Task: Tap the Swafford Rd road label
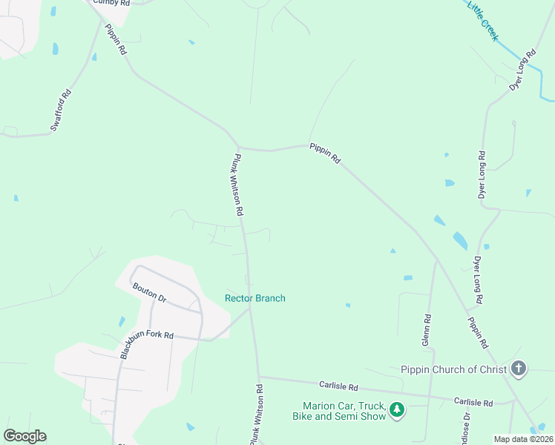[61, 111]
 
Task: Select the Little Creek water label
[482, 20]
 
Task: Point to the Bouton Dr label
[149, 291]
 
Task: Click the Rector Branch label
[255, 298]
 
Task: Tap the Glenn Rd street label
[427, 329]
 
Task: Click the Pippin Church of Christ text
[453, 369]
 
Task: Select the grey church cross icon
[519, 369]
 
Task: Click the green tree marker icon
[397, 409]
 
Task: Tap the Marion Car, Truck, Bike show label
[344, 411]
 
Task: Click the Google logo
[24, 436]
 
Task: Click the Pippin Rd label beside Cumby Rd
[116, 40]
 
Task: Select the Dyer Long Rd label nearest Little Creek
[522, 71]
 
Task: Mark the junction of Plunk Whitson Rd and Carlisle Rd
[258, 377]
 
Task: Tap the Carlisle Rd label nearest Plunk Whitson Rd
[338, 386]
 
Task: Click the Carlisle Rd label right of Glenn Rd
[473, 402]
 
